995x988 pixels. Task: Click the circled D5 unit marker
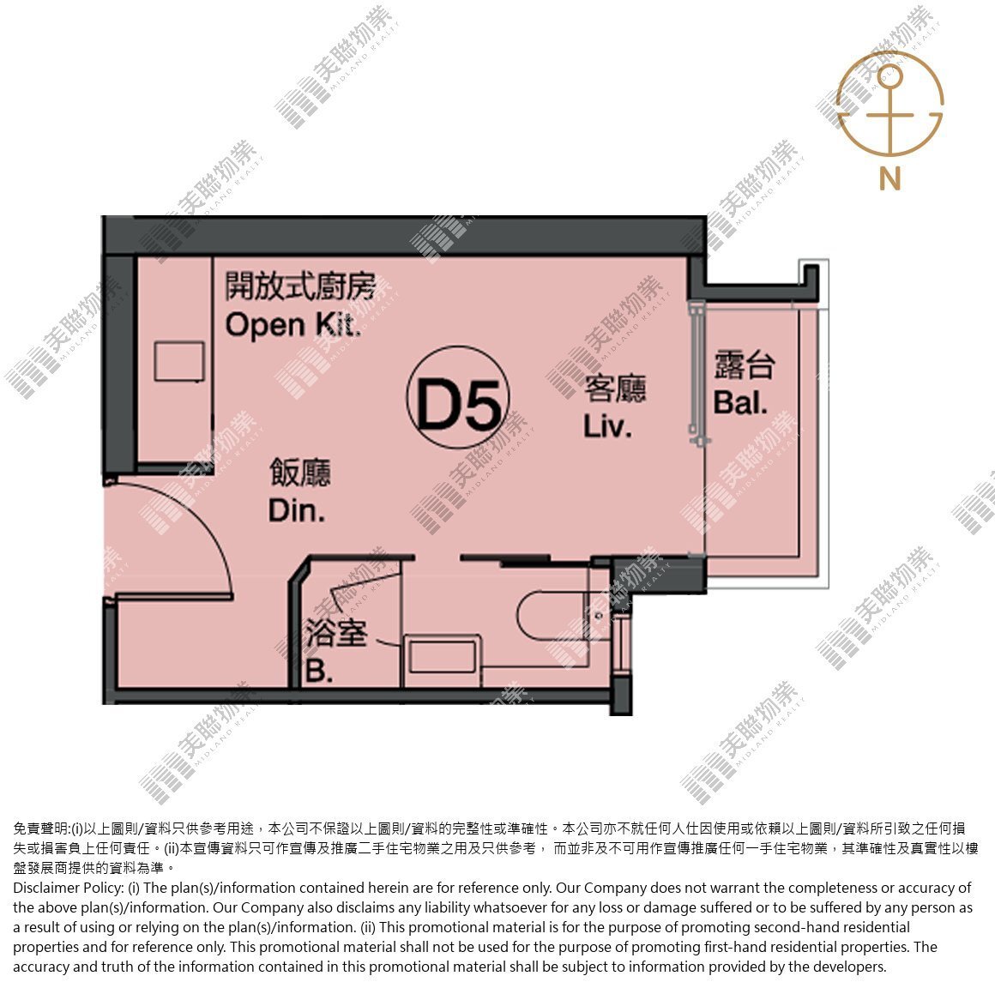coord(458,397)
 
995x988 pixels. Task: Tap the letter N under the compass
coord(889,178)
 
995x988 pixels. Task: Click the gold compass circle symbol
coord(889,104)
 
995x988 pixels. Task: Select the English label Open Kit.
coord(294,326)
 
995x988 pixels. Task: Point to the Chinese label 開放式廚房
coord(301,286)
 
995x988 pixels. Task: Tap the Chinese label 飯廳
coord(300,472)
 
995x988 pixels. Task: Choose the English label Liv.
coord(607,426)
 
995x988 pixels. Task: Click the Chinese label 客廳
coord(615,389)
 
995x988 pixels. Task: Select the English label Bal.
coord(740,402)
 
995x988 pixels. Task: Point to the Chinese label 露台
coord(745,364)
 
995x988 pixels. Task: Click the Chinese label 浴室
coord(336,633)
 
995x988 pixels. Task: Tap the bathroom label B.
coord(319,671)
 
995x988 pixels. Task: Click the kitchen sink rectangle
coord(179,361)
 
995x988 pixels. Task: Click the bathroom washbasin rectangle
coord(443,655)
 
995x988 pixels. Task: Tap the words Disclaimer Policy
coord(68,888)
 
